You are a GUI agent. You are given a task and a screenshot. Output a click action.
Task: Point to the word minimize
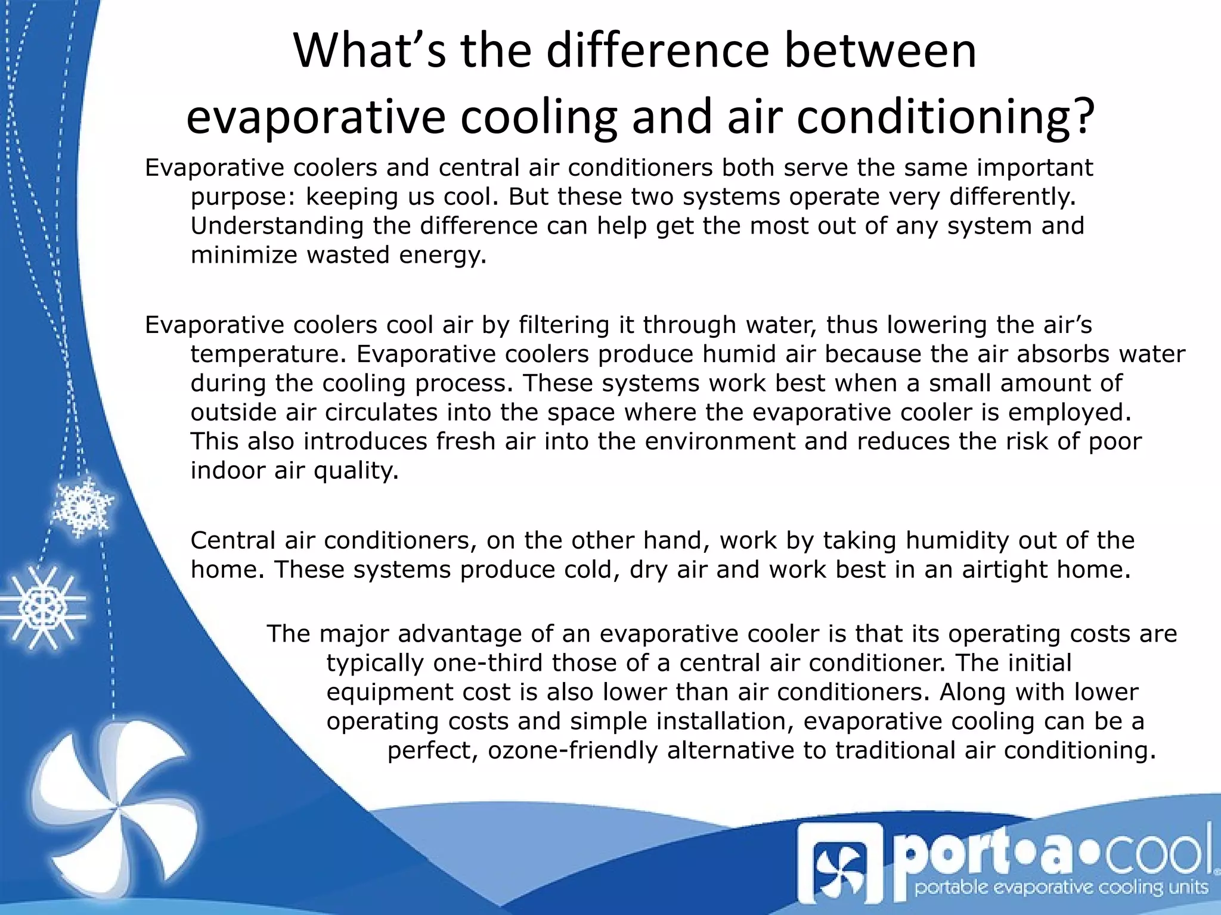coord(243,255)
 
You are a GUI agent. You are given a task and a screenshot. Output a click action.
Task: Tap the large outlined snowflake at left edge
coord(43,608)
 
